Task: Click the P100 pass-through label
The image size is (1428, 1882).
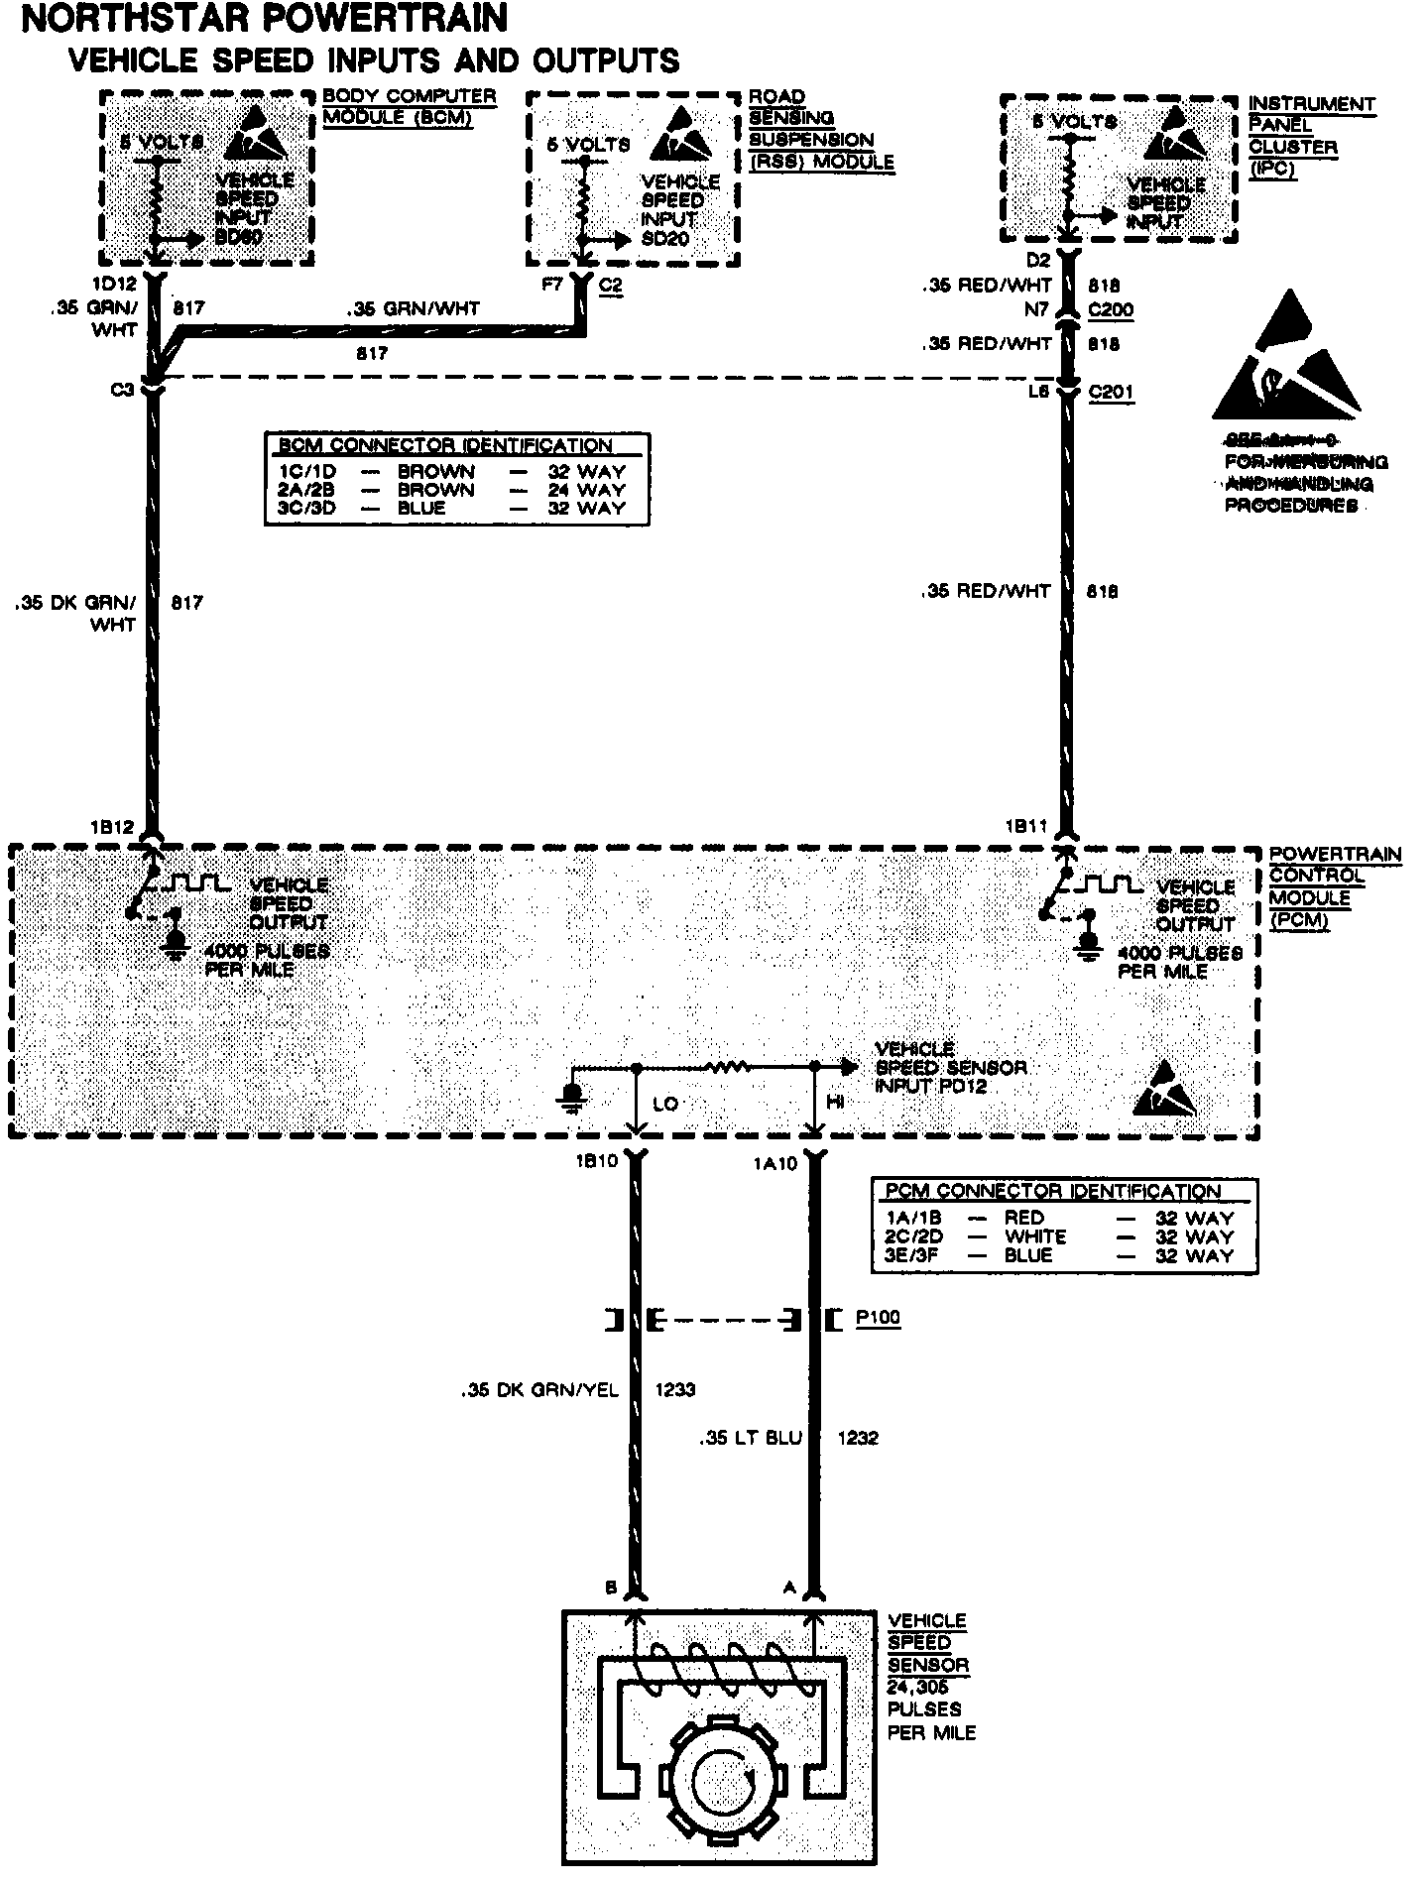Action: [x=878, y=1319]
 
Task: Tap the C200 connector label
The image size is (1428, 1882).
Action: [x=1111, y=309]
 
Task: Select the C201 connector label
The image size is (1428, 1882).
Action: [x=1111, y=392]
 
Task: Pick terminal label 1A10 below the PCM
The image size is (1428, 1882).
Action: [x=774, y=1164]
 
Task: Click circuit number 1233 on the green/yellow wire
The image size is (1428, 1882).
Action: [x=675, y=1389]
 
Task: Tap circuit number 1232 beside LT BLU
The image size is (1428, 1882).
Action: [x=858, y=1438]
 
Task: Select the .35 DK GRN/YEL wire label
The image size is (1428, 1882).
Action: [x=539, y=1389]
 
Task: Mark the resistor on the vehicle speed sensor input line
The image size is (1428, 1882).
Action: [x=726, y=1067]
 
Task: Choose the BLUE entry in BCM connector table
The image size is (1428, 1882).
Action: [x=420, y=509]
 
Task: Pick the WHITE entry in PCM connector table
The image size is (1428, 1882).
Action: [x=1035, y=1236]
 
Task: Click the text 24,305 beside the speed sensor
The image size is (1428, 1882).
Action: [x=918, y=1687]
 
